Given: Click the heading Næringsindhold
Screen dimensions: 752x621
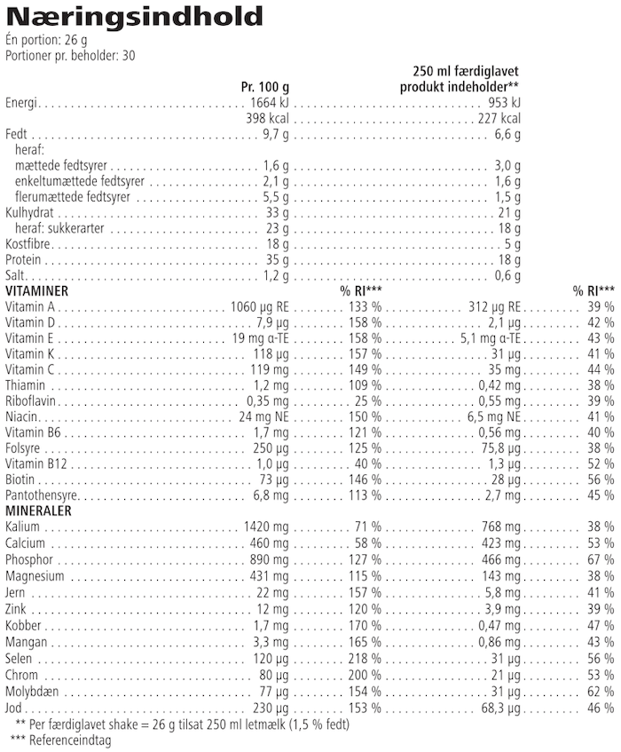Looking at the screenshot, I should tap(134, 17).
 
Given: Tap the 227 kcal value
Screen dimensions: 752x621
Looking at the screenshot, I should tap(499, 119).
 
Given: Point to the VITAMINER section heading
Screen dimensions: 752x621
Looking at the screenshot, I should tap(37, 290).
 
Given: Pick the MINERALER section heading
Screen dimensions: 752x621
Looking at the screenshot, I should tap(38, 511).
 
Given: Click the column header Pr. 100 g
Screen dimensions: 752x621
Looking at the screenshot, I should tap(265, 87).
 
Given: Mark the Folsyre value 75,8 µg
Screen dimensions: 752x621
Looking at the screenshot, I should tap(499, 447).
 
